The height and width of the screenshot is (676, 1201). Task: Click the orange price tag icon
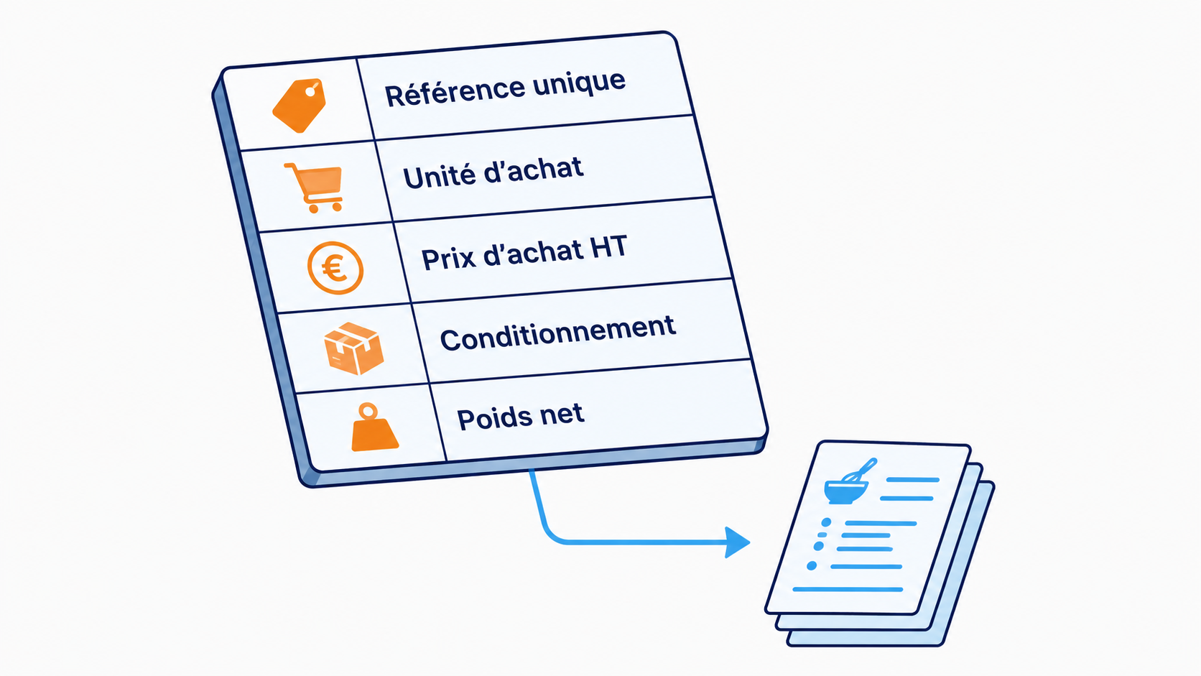click(300, 105)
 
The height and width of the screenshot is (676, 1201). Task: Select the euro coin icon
click(335, 268)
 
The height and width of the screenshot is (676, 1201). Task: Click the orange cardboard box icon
click(354, 348)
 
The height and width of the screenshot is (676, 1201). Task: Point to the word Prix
click(449, 258)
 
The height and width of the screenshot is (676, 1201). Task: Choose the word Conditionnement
click(557, 333)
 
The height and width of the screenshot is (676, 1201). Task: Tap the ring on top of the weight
click(368, 412)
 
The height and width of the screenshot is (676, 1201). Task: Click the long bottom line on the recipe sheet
click(848, 589)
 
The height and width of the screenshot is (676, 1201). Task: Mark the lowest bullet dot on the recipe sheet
click(812, 565)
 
